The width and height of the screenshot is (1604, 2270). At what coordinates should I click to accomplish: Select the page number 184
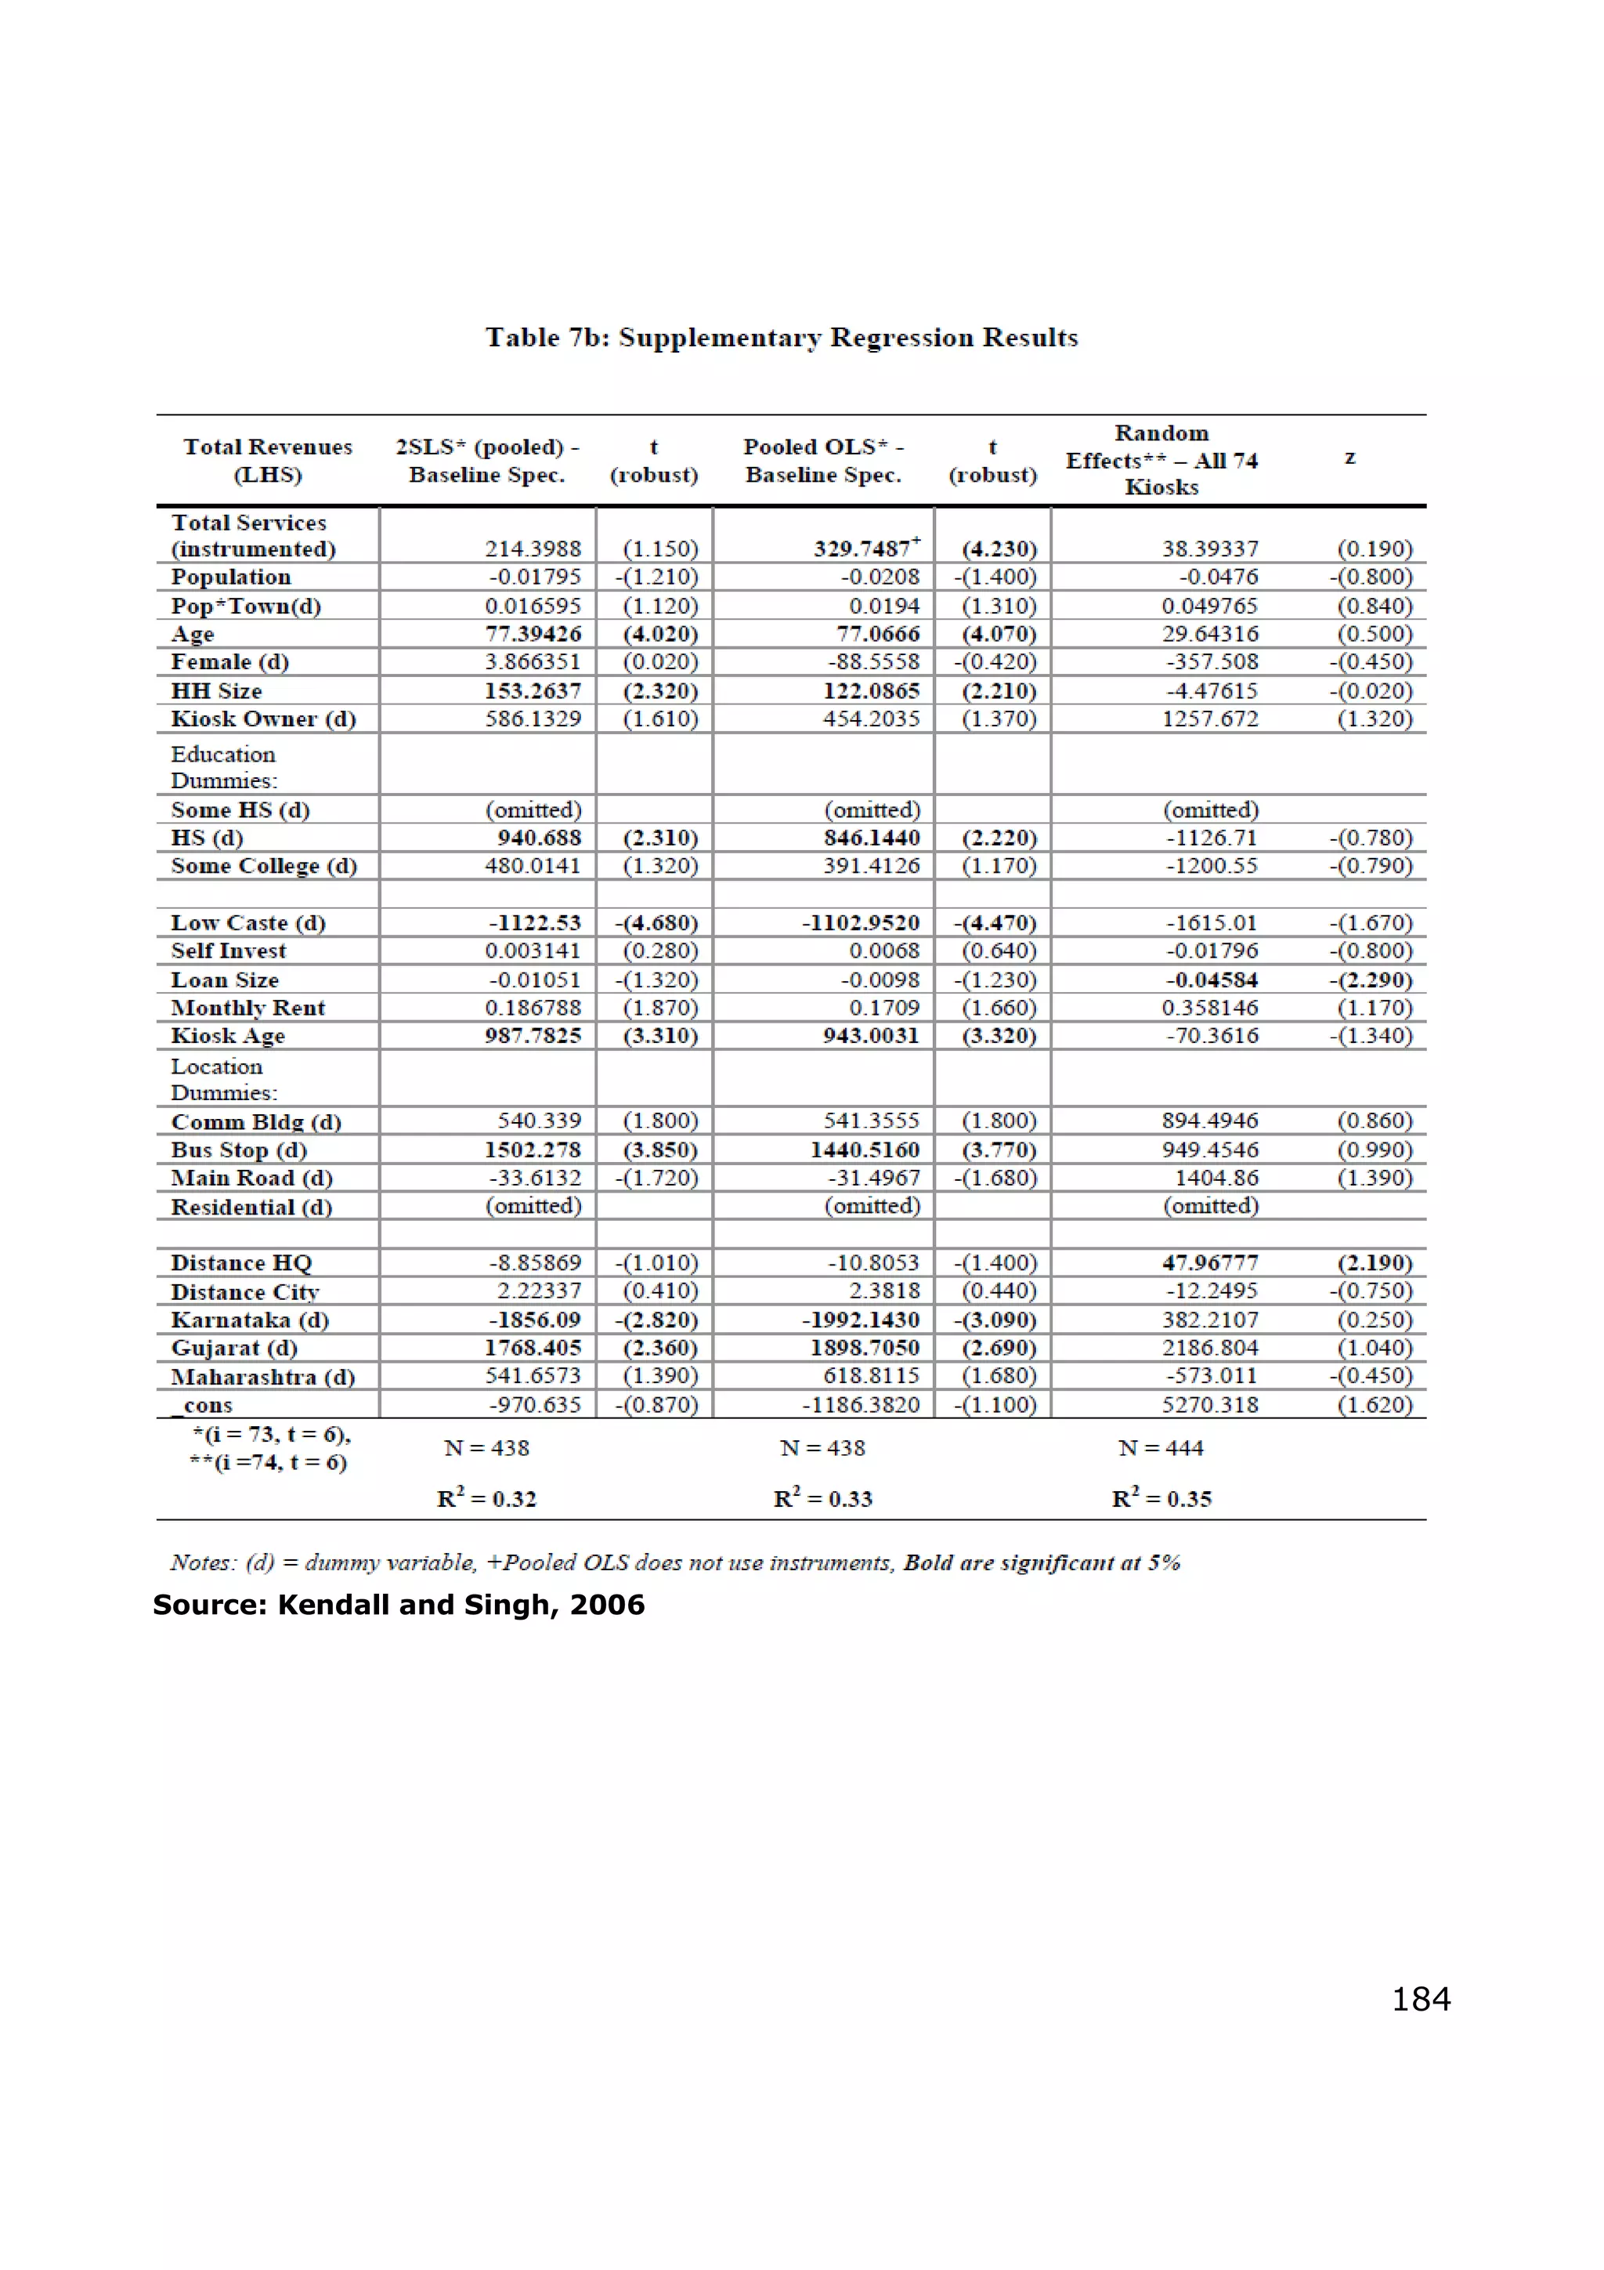coord(1420,1999)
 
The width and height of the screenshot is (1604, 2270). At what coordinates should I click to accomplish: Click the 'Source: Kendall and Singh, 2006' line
coord(399,1604)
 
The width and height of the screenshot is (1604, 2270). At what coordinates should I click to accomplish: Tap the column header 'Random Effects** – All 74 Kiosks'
coord(1161,460)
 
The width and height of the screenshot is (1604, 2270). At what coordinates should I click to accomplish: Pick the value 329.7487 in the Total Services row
coord(862,548)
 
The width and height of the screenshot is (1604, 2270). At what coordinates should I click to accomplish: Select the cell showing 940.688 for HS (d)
coord(539,838)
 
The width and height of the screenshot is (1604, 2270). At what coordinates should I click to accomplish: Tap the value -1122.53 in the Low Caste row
coord(535,922)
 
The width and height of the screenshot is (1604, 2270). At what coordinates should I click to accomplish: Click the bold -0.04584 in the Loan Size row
coord(1211,979)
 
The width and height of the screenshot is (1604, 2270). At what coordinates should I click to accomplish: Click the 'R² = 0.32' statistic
coord(486,1499)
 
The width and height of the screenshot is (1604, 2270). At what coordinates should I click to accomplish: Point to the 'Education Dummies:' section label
coord(223,766)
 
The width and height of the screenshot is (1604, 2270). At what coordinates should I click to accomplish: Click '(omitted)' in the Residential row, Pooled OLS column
coord(872,1206)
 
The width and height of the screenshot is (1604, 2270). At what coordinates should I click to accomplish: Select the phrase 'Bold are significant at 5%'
coord(1042,1562)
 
